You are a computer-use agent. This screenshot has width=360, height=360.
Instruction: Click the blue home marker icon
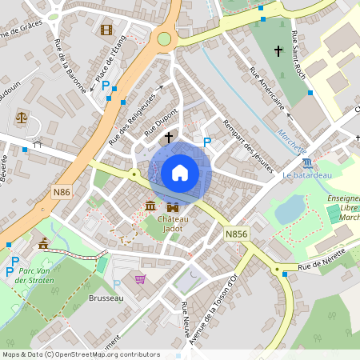180,172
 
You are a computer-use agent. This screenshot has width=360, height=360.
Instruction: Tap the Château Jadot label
172,223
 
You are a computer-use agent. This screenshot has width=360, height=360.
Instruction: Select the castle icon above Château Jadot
172,208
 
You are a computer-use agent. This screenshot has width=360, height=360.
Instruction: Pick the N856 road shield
235,234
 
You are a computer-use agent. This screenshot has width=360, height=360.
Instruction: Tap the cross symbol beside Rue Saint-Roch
278,51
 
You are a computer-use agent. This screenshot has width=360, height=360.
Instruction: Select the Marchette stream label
292,142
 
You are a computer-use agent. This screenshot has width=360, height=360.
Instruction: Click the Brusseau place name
102,298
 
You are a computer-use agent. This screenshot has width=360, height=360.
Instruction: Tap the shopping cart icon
141,279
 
